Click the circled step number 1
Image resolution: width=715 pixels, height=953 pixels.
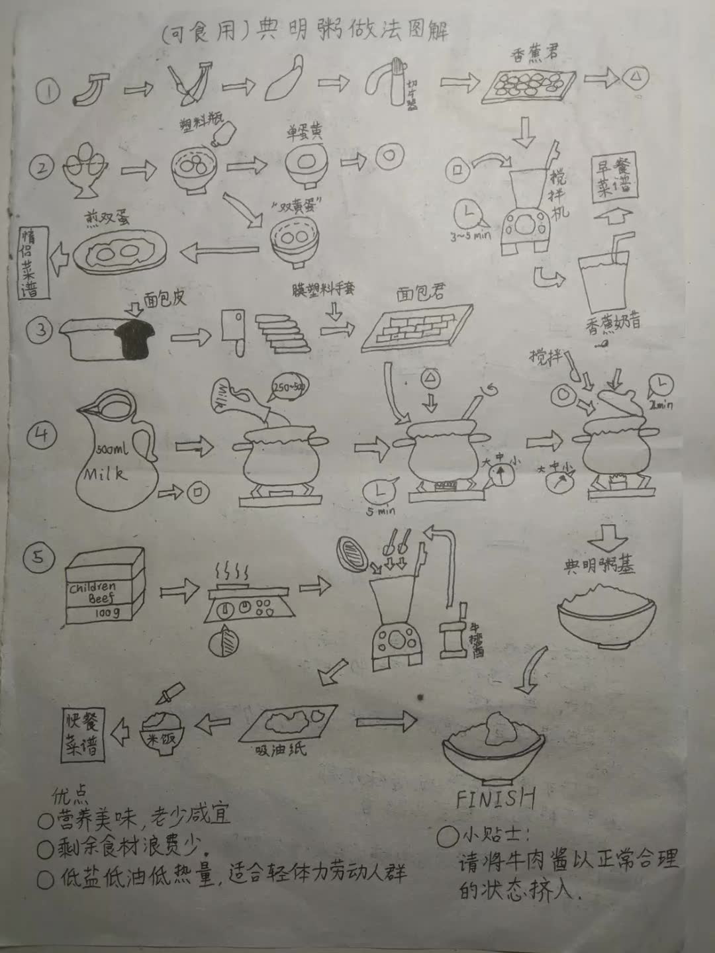point(48,92)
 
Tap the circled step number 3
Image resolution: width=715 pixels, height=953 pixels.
point(42,329)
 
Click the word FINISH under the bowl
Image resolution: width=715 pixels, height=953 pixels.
point(495,798)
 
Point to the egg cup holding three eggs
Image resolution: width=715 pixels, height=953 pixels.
point(85,168)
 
